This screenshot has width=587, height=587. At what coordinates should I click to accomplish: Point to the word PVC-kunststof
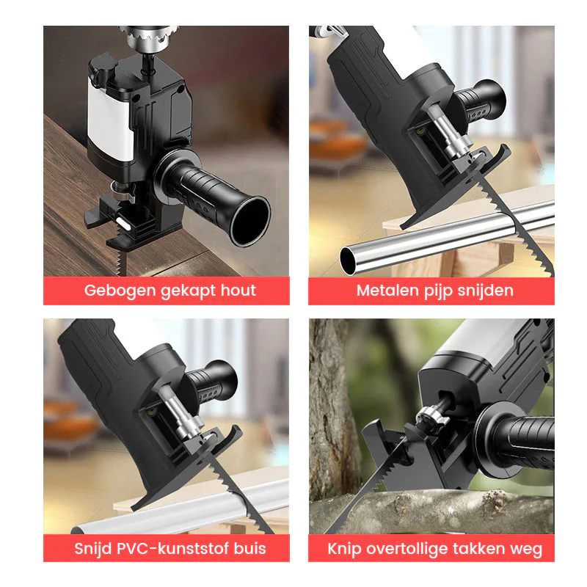click(172, 548)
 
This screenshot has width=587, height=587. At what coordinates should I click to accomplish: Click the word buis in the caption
click(249, 548)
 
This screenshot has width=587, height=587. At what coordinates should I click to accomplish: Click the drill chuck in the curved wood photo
click(150, 38)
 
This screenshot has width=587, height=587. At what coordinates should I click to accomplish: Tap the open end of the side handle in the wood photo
click(250, 222)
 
